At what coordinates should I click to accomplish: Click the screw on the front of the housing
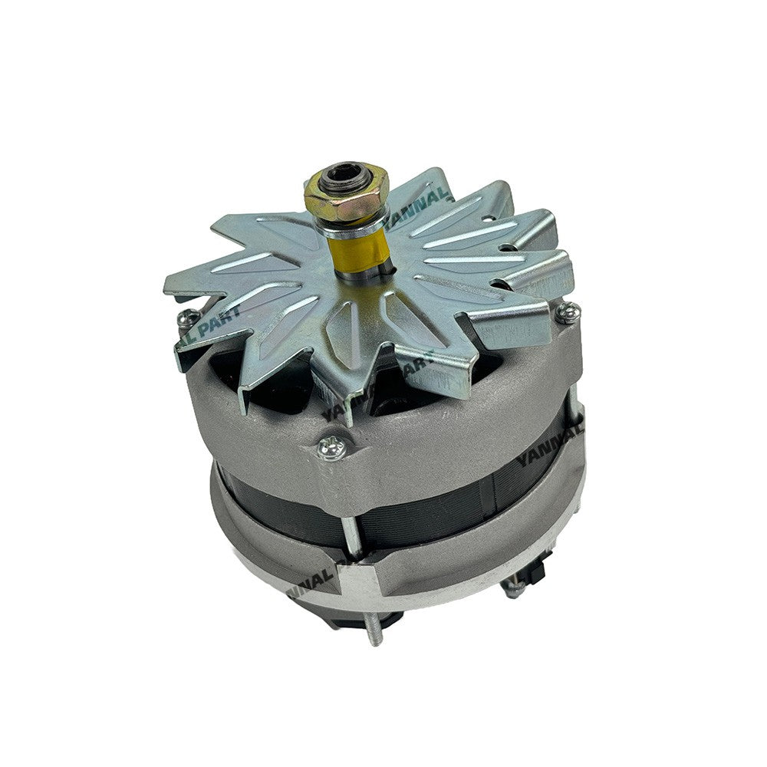pyautogui.click(x=332, y=447)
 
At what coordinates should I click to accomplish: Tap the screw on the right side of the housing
pyautogui.click(x=568, y=311)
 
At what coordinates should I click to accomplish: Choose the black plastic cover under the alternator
pyautogui.click(x=360, y=614)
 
